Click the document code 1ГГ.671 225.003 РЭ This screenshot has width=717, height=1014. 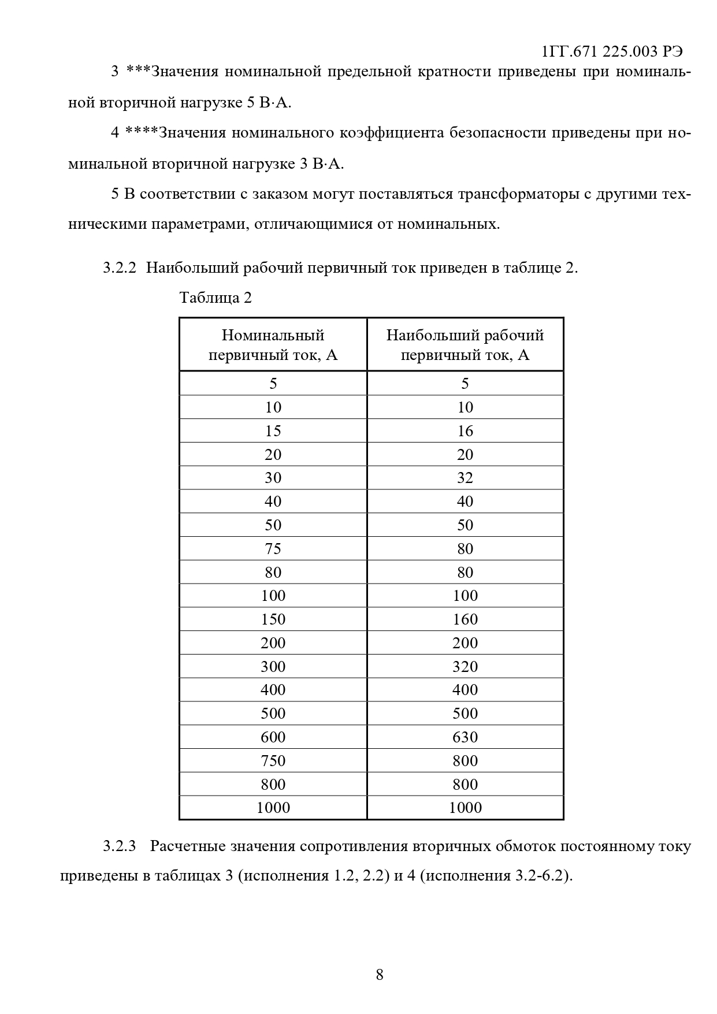[x=612, y=51]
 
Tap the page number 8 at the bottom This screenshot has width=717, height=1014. [x=380, y=975]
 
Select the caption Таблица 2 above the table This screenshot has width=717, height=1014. [x=216, y=298]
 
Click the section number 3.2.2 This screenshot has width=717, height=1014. [x=120, y=268]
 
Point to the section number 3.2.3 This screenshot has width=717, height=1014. [x=120, y=846]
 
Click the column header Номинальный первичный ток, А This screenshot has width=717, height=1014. [x=273, y=344]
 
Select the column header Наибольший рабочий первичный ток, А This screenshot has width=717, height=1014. [x=465, y=344]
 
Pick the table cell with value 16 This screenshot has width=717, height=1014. [x=465, y=431]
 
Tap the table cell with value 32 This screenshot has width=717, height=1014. [x=465, y=478]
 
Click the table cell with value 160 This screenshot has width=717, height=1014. [x=465, y=619]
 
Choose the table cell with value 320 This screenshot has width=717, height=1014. [x=465, y=667]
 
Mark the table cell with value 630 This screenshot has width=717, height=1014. [x=465, y=737]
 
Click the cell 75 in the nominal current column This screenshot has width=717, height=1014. [x=273, y=549]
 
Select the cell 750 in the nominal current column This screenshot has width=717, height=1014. [x=273, y=761]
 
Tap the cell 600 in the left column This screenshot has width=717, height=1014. [x=273, y=737]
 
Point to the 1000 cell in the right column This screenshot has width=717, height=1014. [x=465, y=808]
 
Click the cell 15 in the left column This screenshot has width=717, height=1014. [x=273, y=431]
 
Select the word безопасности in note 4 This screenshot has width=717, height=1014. [x=497, y=133]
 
